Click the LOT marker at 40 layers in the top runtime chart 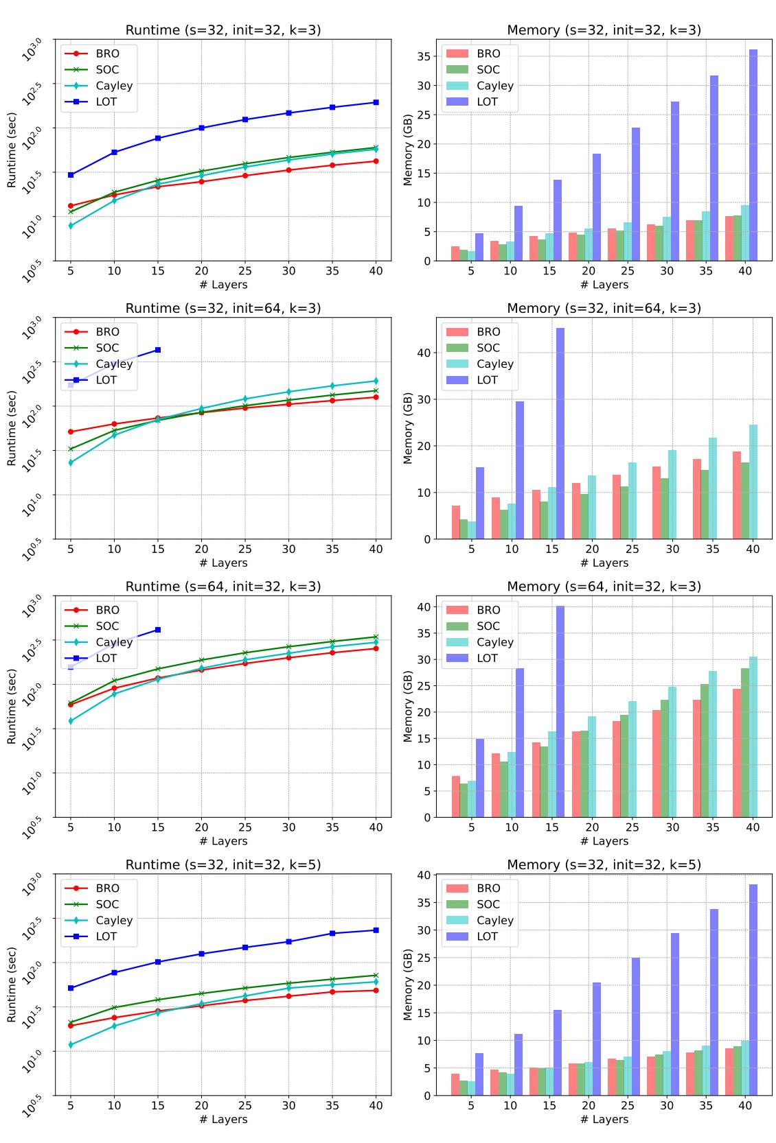376,102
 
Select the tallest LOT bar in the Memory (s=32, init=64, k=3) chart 560,434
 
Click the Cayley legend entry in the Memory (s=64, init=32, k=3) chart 494,642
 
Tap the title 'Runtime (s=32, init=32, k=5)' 222,864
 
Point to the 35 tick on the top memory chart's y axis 426,56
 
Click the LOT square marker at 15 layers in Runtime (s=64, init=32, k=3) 158,629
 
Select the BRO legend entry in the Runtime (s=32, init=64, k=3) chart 107,332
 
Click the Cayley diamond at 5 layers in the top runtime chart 71,225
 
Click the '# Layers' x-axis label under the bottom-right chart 604,1119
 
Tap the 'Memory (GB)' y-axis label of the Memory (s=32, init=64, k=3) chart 409,428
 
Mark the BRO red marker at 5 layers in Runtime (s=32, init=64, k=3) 71,432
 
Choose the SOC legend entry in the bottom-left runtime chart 107,904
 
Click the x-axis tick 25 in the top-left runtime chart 245,271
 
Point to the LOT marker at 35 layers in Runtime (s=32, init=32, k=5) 332,933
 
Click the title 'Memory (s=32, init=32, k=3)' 604,30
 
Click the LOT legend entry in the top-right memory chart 487,102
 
